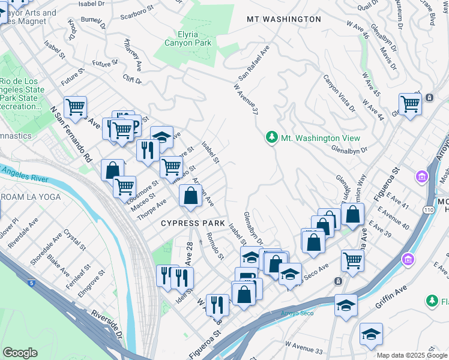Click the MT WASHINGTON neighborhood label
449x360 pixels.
[284, 19]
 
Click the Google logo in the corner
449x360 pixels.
[20, 352]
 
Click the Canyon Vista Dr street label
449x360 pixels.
[339, 92]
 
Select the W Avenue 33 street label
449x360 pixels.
[304, 346]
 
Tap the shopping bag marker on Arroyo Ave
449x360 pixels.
[190, 196]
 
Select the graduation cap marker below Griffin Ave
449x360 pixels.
[371, 335]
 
